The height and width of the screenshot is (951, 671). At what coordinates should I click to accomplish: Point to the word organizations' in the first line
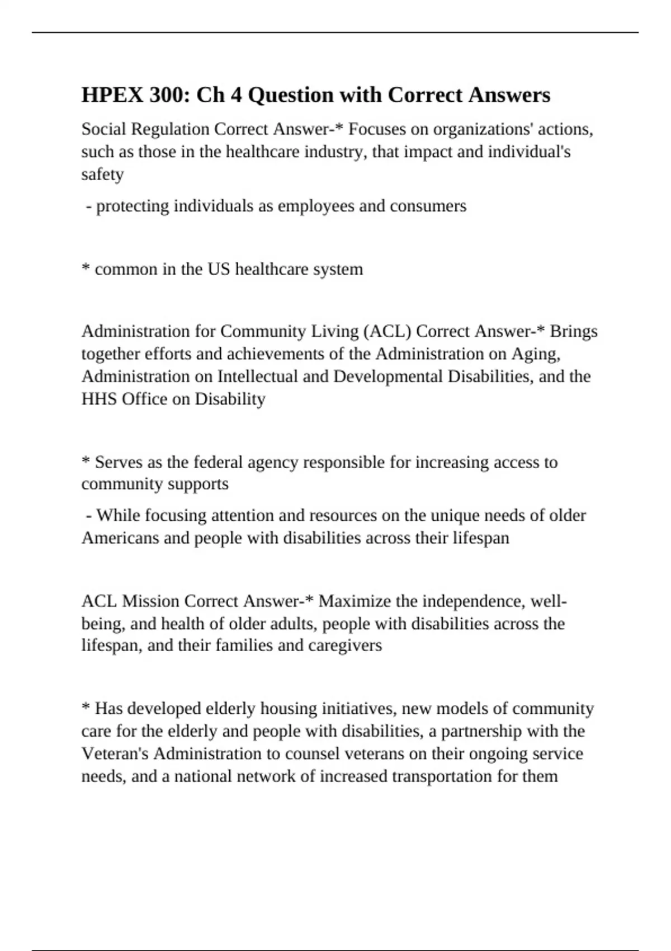[476, 129]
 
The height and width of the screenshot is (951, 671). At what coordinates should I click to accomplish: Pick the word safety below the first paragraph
[102, 174]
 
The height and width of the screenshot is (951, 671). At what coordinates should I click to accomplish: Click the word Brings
[574, 331]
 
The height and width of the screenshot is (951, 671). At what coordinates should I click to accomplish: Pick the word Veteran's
[115, 754]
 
